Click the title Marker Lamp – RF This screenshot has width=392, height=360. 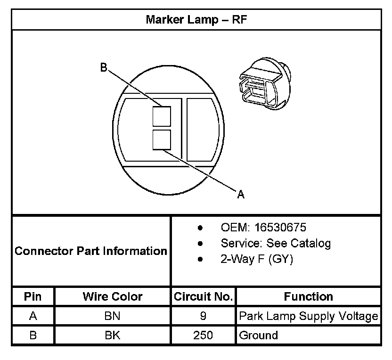(196, 19)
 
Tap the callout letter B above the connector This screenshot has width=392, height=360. (104, 67)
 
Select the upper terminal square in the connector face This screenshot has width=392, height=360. (161, 116)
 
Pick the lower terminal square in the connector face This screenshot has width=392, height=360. (161, 140)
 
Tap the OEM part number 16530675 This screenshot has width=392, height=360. (280, 228)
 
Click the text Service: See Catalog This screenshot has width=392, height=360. (276, 243)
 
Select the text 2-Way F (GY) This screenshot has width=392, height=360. (257, 259)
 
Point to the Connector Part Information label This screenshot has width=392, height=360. (91, 251)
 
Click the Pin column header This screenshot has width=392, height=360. (33, 297)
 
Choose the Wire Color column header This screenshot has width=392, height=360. (113, 297)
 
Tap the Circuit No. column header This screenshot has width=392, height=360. (203, 297)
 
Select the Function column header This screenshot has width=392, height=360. (309, 297)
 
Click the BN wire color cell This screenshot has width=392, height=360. (113, 316)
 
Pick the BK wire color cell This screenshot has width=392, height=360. (113, 335)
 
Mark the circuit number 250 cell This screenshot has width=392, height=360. (203, 335)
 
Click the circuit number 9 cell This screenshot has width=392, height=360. (203, 316)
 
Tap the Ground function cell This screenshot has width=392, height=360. (259, 335)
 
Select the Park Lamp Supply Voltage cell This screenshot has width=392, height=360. (309, 316)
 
